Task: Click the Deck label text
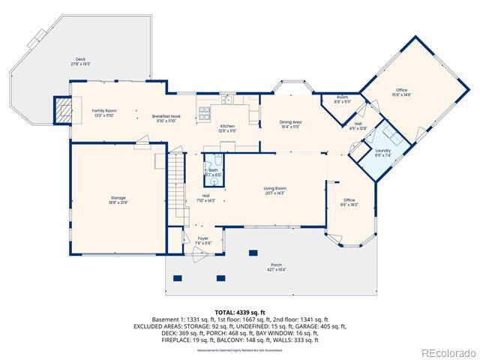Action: point(80,61)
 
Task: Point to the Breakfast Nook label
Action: point(166,118)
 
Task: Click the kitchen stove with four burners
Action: point(204,113)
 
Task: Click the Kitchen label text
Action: point(227,128)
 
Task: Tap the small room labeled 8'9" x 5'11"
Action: point(342,99)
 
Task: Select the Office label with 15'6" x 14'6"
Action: point(402,92)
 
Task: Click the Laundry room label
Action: point(383,153)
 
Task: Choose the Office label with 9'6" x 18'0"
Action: point(349,202)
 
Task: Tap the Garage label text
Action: point(118,200)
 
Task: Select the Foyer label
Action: point(203,240)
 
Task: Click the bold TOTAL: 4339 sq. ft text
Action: point(239,312)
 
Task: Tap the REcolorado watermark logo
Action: point(448,352)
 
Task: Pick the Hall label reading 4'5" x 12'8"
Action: point(358,126)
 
